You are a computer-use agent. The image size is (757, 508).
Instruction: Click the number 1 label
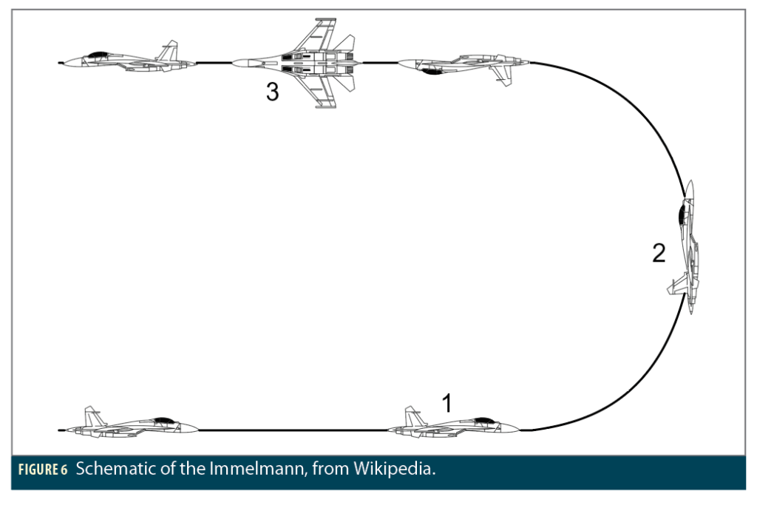click(x=446, y=403)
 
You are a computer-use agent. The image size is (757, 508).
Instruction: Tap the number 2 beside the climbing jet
click(x=659, y=254)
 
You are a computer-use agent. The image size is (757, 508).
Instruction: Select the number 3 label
click(x=273, y=92)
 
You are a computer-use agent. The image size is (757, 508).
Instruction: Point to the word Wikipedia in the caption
click(x=393, y=470)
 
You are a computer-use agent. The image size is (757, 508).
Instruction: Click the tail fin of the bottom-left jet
click(x=92, y=415)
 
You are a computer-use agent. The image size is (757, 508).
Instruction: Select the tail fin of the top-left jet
click(x=170, y=50)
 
